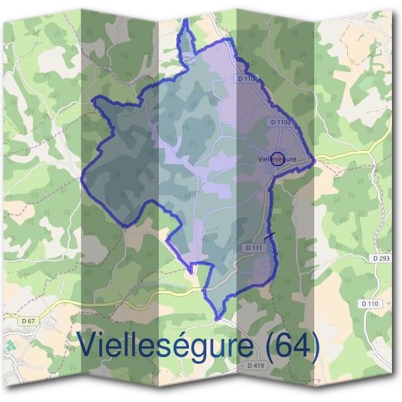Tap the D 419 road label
coord(255,365)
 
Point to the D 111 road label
coord(254,248)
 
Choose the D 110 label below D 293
coord(370,304)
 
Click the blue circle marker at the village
coord(281,158)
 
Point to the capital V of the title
coord(89,344)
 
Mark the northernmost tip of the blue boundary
coord(186,20)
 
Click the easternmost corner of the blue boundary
coord(314,160)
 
